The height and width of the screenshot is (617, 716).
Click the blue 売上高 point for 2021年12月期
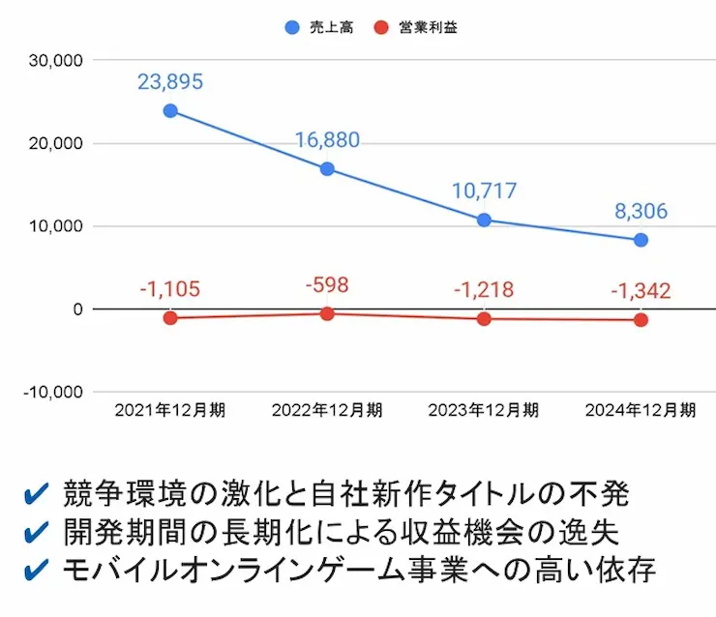[x=170, y=110]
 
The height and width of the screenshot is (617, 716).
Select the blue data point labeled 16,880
[x=327, y=169]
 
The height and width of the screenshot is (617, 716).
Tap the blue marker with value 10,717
[x=484, y=220]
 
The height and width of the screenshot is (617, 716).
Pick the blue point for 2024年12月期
[x=641, y=240]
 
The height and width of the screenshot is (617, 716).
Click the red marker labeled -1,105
[x=170, y=318]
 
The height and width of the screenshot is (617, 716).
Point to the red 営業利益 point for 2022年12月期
[x=327, y=313]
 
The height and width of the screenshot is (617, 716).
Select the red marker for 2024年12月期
[x=641, y=320]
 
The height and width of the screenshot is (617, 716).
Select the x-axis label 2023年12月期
[x=484, y=410]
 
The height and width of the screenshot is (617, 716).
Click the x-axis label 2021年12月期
[x=170, y=410]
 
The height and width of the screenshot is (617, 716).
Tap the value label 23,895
[x=170, y=82]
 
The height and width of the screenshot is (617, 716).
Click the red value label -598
[x=326, y=285]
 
